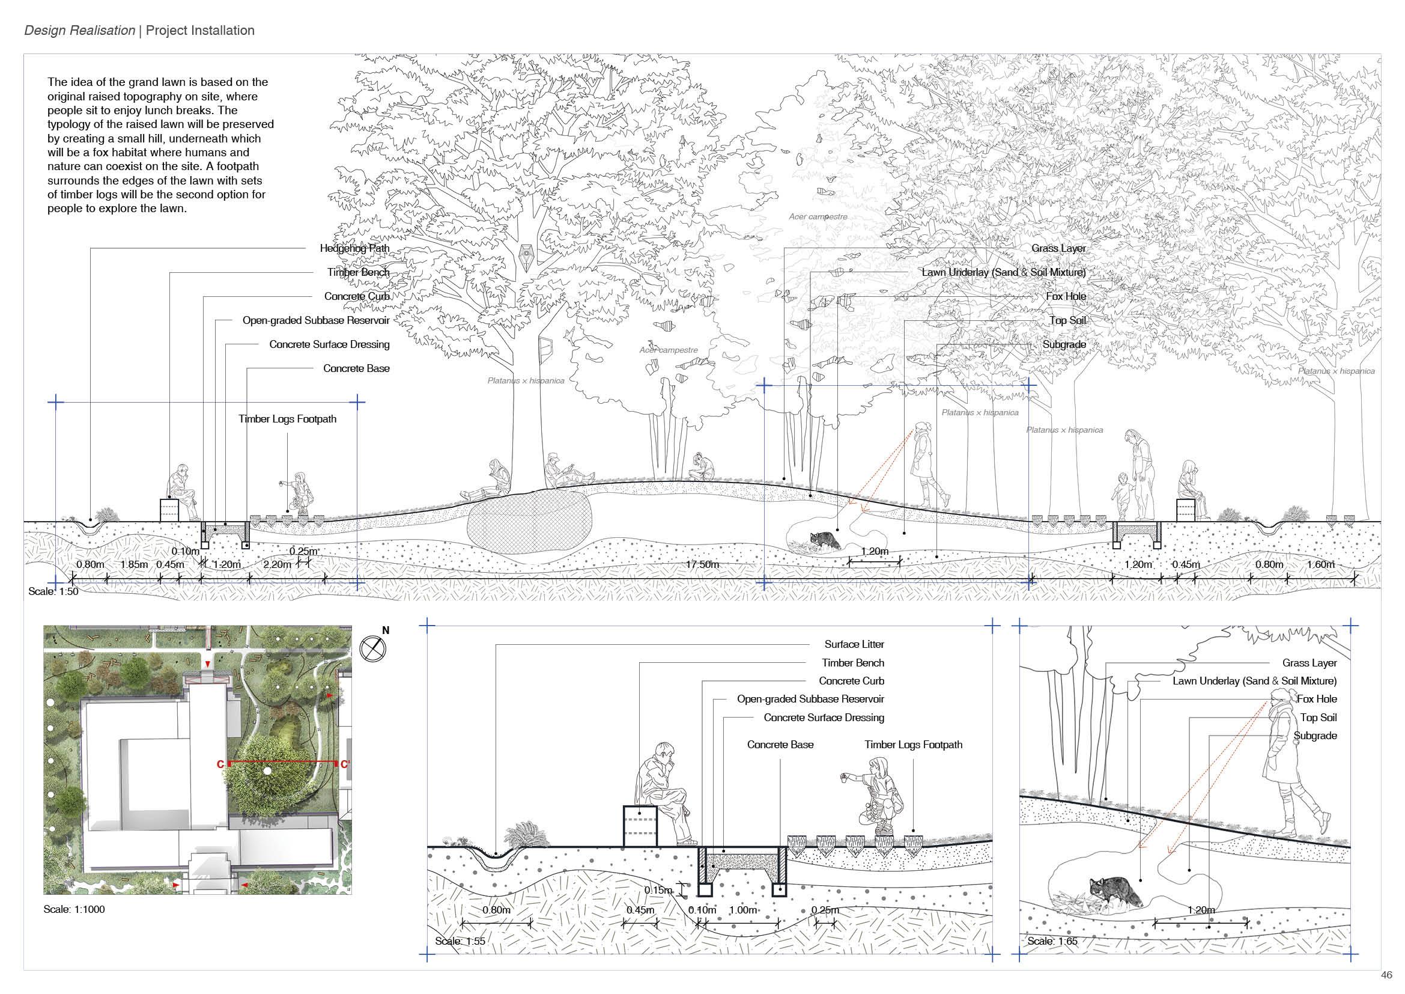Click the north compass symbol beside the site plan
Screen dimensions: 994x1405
coord(373,649)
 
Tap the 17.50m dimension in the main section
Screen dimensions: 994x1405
coord(702,564)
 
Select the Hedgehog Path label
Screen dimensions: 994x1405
coord(354,249)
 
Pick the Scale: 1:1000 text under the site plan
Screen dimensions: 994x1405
coord(74,909)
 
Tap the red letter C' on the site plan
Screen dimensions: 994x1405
coord(345,764)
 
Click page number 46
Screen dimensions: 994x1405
coord(1386,975)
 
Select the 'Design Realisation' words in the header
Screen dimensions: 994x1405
coord(79,31)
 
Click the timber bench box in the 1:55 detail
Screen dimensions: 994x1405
coord(640,826)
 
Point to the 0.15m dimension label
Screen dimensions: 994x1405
coord(658,890)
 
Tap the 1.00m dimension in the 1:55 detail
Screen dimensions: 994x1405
coord(743,910)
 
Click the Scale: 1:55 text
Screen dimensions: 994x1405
coord(460,941)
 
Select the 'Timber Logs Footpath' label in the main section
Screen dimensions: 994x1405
coord(287,419)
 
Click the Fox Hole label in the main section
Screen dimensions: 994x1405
coord(1066,296)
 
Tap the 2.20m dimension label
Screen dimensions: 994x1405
coord(277,564)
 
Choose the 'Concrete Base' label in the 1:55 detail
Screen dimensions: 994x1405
coord(780,745)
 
